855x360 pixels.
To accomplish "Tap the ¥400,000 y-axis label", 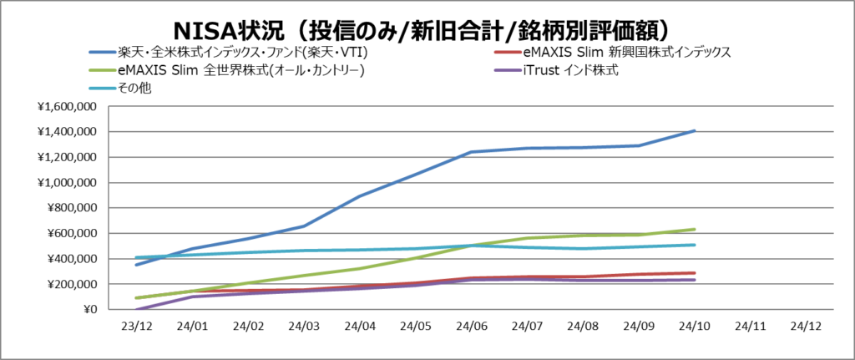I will tap(70, 259).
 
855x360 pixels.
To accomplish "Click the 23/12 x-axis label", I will tap(135, 327).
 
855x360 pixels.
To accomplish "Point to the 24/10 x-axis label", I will tap(694, 327).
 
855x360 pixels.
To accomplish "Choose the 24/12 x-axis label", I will tap(806, 327).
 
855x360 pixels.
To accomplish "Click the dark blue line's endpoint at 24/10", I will tap(695, 130).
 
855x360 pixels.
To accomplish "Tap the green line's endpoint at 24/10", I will tap(695, 229).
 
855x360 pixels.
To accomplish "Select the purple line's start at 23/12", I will tap(136, 309).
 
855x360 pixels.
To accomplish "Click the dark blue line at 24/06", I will tap(471, 152).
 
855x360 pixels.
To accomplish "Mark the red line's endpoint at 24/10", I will tap(695, 273).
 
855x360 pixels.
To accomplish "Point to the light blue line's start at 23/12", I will tap(136, 257).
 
